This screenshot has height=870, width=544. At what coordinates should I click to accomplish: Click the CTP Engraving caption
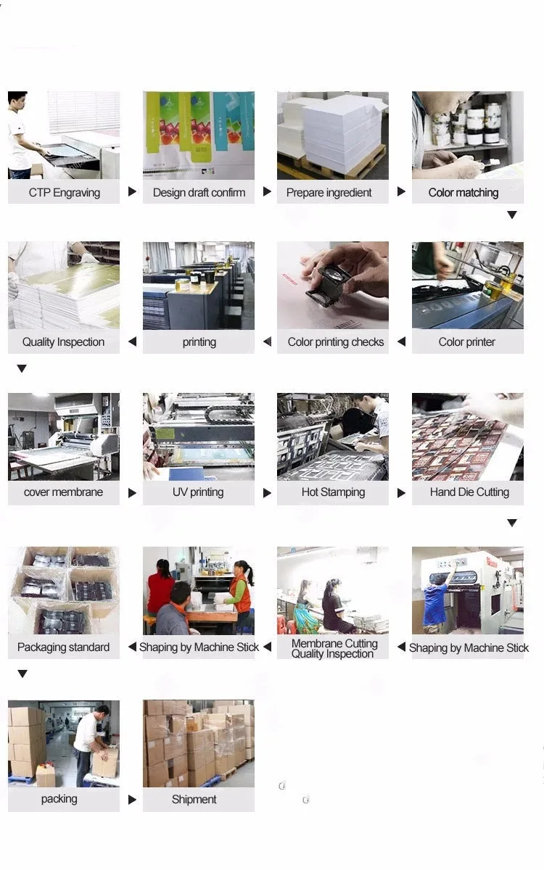click(x=65, y=193)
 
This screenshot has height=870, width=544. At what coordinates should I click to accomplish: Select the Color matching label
click(x=463, y=193)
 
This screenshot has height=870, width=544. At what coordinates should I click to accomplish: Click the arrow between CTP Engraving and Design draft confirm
click(x=132, y=191)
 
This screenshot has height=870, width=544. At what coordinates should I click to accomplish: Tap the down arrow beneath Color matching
click(x=512, y=215)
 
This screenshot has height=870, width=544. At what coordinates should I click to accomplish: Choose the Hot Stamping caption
click(x=334, y=492)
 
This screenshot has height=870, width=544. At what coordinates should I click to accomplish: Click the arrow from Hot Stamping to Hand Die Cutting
click(x=401, y=493)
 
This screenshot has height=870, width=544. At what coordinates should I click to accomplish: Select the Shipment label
click(x=194, y=799)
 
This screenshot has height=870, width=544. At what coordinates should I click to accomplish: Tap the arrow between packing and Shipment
click(x=132, y=800)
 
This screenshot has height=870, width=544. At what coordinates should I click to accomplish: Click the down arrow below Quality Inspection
click(x=22, y=368)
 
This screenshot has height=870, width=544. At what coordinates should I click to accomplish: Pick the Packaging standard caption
click(x=63, y=647)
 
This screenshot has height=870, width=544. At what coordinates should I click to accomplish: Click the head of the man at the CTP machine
click(x=17, y=100)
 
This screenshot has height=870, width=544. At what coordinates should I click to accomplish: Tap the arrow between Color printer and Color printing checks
click(x=401, y=341)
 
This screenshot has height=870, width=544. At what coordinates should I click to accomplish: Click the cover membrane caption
click(x=63, y=492)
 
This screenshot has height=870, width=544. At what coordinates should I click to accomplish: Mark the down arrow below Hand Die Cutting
click(x=512, y=523)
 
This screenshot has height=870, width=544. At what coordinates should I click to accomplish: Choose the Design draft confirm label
click(x=199, y=193)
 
